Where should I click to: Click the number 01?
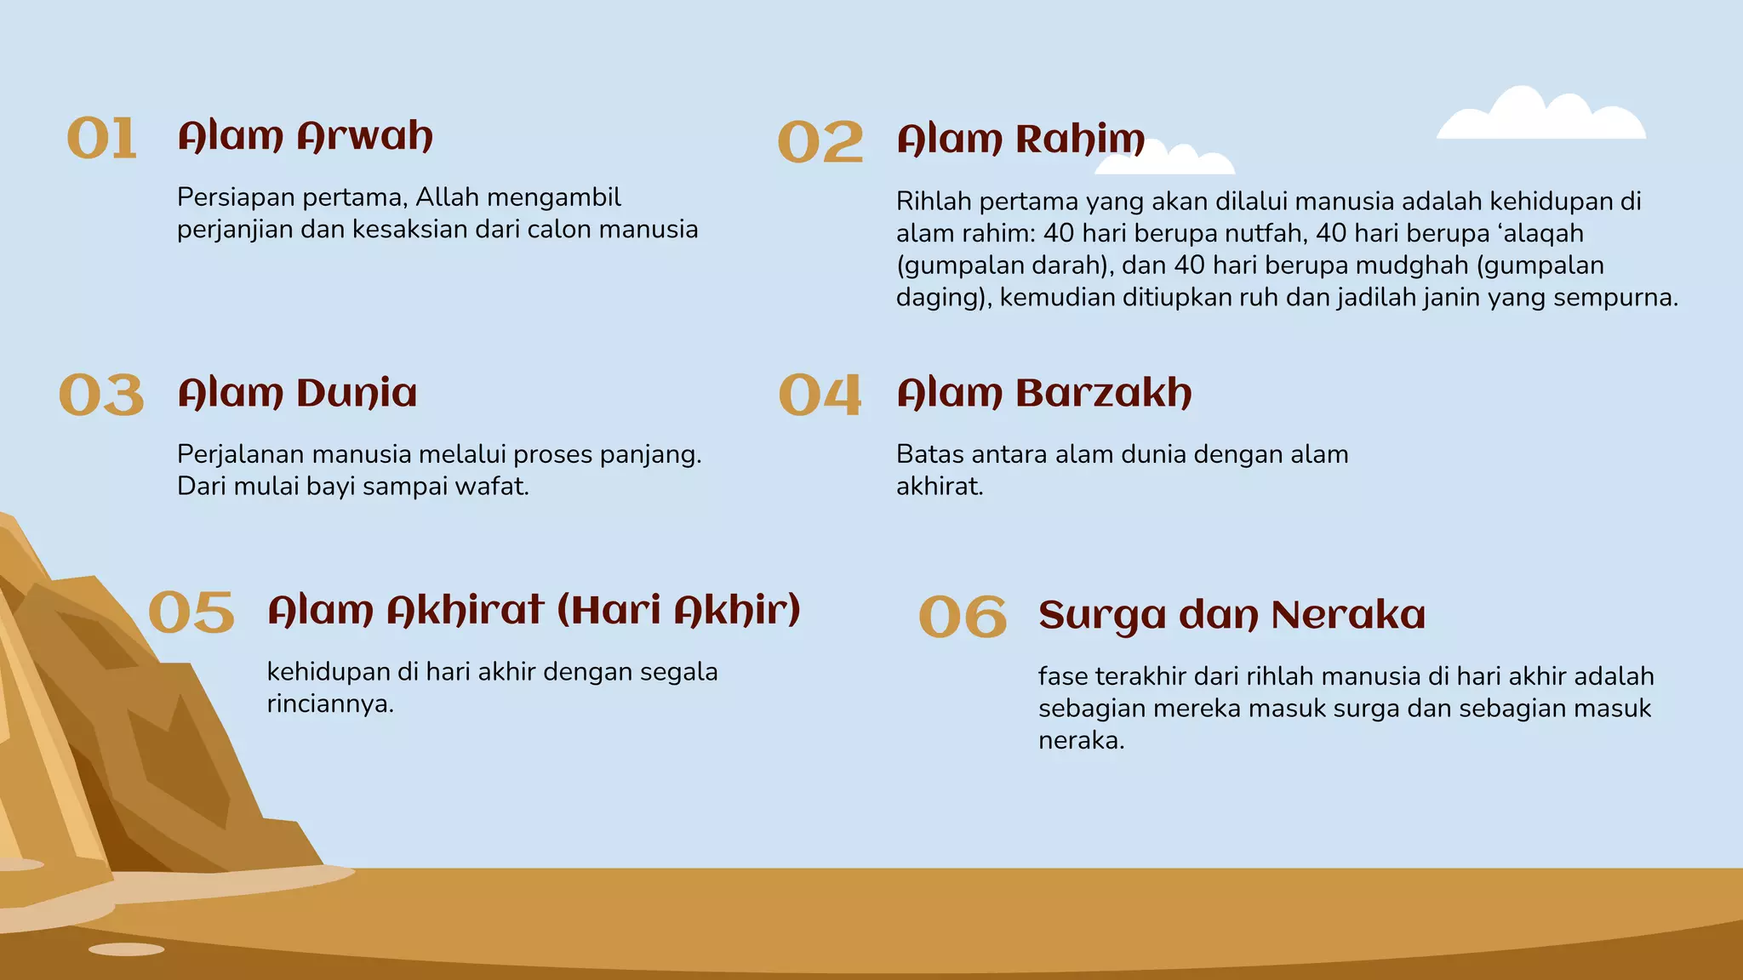point(102,139)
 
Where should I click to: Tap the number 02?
point(820,142)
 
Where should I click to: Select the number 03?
point(102,396)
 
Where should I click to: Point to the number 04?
point(820,396)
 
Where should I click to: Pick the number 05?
point(191,613)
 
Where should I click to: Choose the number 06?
point(963,618)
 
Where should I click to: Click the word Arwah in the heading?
point(365,137)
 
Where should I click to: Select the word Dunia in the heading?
point(357,394)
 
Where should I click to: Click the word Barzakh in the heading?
point(1104,394)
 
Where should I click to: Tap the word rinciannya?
point(330,704)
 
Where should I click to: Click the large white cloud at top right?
point(1541,117)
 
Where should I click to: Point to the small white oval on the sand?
point(126,949)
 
